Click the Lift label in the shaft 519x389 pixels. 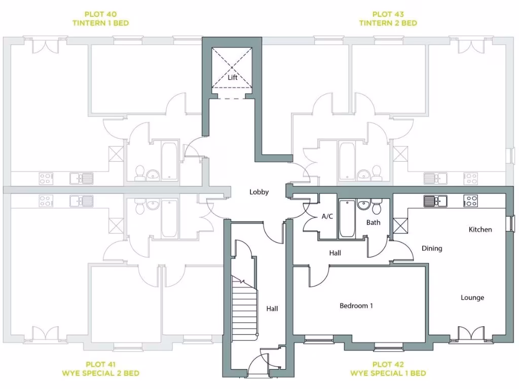pyautogui.click(x=233, y=77)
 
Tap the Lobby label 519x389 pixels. pyautogui.click(x=258, y=192)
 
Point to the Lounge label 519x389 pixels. pyautogui.click(x=472, y=297)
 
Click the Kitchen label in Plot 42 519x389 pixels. pyautogui.click(x=480, y=229)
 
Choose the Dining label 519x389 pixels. pyautogui.click(x=431, y=248)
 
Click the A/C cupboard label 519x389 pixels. pyautogui.click(x=327, y=216)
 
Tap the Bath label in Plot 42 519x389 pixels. pyautogui.click(x=373, y=222)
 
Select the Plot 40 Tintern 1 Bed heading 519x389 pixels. pyautogui.click(x=100, y=19)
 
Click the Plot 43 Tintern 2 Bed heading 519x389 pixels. pyautogui.click(x=388, y=19)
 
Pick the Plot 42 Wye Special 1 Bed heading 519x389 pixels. pyautogui.click(x=388, y=369)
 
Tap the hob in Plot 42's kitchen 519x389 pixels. pyautogui.click(x=471, y=201)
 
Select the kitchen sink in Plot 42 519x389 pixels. pyautogui.click(x=435, y=201)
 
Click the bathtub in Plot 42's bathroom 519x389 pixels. pyautogui.click(x=348, y=219)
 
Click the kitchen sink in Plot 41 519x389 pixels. pyautogui.click(x=82, y=201)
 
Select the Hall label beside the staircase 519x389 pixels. pyautogui.click(x=272, y=308)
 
